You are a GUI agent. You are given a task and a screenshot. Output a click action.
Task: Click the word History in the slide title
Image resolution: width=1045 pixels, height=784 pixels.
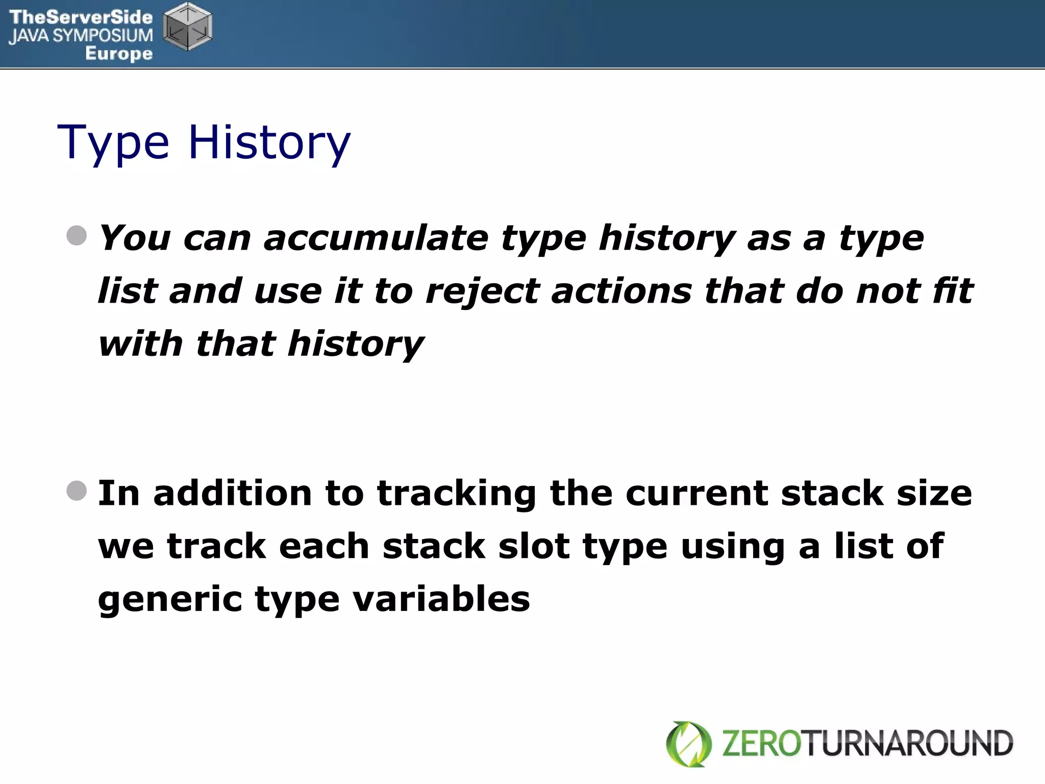[269, 143]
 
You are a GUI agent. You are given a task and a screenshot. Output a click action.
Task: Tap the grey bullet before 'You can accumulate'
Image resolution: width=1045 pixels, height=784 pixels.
[77, 236]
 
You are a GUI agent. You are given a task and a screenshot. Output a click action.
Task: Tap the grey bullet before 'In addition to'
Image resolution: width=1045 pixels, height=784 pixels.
[77, 491]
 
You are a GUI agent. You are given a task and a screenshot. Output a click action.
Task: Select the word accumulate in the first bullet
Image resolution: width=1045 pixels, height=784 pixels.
[376, 238]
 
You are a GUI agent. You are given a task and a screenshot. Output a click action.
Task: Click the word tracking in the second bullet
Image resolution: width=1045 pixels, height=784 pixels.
[457, 494]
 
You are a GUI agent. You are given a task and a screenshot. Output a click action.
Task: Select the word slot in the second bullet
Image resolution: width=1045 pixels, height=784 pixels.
[534, 546]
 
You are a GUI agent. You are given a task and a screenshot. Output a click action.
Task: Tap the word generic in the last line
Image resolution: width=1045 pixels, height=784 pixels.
[170, 599]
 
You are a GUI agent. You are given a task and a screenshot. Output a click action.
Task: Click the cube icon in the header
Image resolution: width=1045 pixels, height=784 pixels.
[188, 27]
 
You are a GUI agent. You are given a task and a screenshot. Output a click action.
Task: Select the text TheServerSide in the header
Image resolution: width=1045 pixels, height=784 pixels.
[81, 17]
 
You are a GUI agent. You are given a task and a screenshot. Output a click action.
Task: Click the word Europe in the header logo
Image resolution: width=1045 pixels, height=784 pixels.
[119, 53]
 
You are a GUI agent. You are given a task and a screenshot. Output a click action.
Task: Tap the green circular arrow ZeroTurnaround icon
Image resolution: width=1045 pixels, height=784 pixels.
[689, 744]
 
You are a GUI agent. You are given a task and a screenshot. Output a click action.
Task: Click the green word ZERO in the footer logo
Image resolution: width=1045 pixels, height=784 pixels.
[762, 743]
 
